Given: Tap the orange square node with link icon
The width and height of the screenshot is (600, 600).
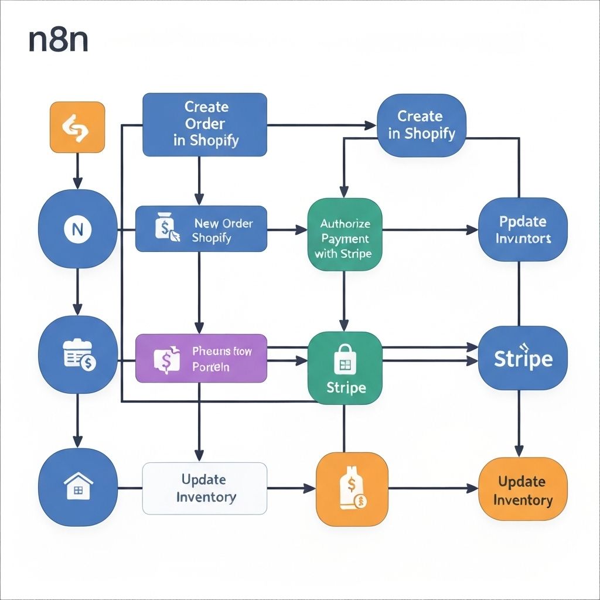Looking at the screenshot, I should click(x=77, y=127).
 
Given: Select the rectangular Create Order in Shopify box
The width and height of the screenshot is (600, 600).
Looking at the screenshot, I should click(x=205, y=124).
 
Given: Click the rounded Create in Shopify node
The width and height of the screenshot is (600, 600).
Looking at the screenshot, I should click(x=421, y=125).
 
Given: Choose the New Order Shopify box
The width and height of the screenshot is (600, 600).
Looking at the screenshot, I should click(x=202, y=230).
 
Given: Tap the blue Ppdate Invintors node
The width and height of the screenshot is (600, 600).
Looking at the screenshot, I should click(x=523, y=230).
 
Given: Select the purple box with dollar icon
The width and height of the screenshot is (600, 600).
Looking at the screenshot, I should click(x=202, y=359).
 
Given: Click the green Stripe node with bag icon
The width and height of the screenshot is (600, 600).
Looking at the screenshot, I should click(x=345, y=367).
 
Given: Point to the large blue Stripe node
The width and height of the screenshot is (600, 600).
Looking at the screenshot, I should click(x=523, y=359).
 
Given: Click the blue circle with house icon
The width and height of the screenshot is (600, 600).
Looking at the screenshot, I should click(x=77, y=487).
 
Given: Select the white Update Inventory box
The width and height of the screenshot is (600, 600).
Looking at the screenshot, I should click(x=205, y=488).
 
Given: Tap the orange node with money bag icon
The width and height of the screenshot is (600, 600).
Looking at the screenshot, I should click(x=352, y=489).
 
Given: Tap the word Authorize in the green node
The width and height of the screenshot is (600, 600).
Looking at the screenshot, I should click(x=345, y=224).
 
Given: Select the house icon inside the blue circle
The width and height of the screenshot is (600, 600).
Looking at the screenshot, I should click(x=77, y=487).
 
